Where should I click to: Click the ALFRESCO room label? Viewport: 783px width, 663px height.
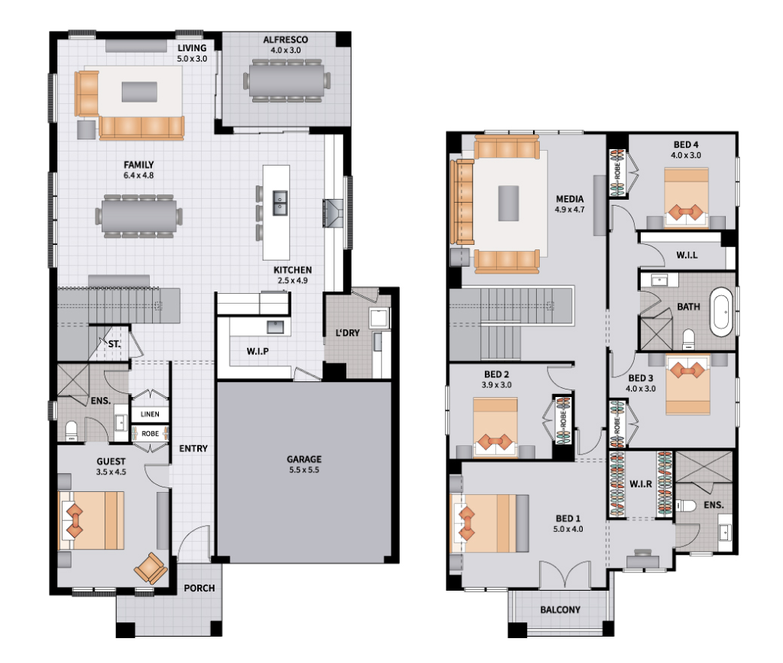[x=285, y=39]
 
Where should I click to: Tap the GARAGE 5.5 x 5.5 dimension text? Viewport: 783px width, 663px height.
[x=303, y=469]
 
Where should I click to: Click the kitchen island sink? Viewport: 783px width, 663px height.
[x=279, y=203]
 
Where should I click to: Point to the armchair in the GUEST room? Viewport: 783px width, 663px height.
[x=151, y=568]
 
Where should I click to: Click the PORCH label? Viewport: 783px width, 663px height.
[x=200, y=588]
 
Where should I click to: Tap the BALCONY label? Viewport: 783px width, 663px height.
[x=560, y=610]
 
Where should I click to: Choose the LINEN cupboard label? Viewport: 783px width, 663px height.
[x=150, y=414]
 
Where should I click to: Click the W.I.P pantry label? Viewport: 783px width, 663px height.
[x=257, y=351]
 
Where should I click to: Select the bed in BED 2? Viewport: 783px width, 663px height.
[x=495, y=427]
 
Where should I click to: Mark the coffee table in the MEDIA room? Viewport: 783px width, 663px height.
[x=508, y=203]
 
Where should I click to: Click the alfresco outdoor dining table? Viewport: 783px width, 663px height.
[x=286, y=81]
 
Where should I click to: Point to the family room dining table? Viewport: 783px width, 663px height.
[x=139, y=215]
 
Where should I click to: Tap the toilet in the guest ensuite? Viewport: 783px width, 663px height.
[x=72, y=431]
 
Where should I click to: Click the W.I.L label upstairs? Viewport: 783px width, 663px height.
[x=687, y=255]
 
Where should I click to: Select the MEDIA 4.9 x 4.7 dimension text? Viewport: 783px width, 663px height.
[x=569, y=209]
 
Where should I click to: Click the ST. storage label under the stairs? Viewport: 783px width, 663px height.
[x=114, y=344]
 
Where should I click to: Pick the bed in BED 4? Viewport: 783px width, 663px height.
[x=686, y=198]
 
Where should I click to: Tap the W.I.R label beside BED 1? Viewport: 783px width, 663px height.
[x=641, y=484]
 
